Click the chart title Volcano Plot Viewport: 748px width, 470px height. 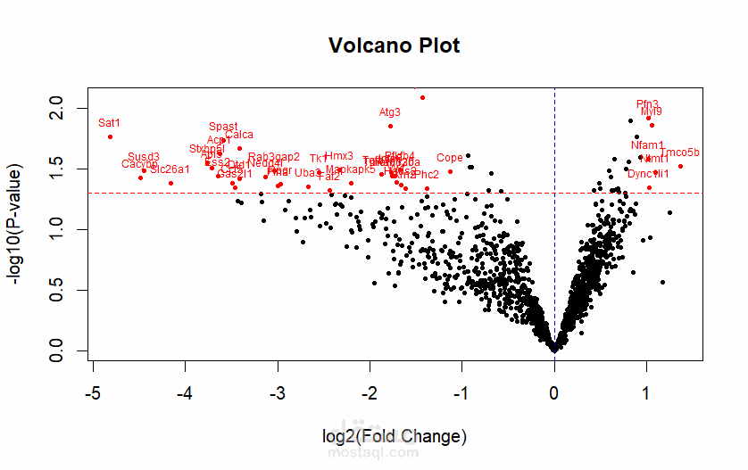[395, 45]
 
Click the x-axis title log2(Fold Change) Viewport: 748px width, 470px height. [395, 436]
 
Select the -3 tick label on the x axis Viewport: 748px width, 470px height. [278, 392]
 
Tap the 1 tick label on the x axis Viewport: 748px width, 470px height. [647, 392]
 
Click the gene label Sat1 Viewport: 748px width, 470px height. [109, 123]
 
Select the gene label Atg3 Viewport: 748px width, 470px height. [390, 112]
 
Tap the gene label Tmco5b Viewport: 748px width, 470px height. [681, 153]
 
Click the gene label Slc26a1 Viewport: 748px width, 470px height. [170, 169]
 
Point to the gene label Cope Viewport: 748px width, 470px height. [450, 158]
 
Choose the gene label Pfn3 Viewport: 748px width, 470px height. [648, 104]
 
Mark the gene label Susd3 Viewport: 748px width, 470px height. [144, 157]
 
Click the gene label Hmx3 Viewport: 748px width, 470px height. [339, 156]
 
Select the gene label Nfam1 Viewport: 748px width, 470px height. [647, 145]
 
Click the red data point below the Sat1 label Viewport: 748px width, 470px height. [110, 136]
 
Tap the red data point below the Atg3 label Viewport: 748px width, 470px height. [390, 126]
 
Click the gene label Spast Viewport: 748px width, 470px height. [223, 127]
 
